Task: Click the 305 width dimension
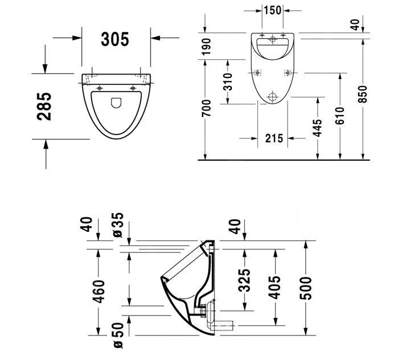pos(115,39)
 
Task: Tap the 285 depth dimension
pos(45,106)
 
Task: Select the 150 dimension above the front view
pos(272,10)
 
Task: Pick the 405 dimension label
pos(274,288)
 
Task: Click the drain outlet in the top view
pos(116,103)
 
